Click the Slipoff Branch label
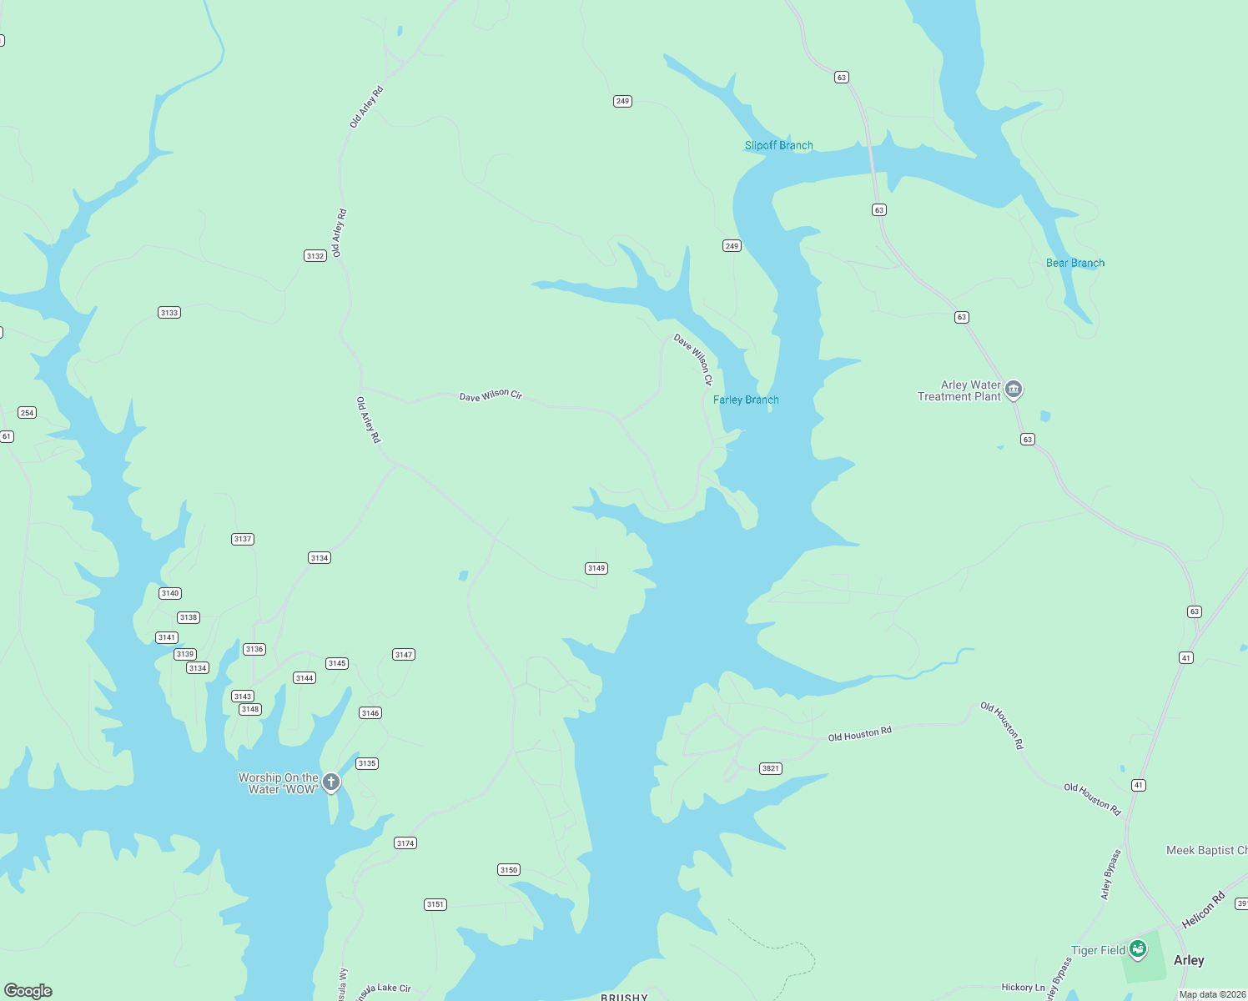tap(778, 145)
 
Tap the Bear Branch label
tap(1074, 263)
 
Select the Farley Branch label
tap(746, 400)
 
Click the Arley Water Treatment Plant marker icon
tap(1014, 390)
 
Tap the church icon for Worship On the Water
tap(331, 782)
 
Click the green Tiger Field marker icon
tap(1138, 949)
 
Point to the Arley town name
tap(1189, 960)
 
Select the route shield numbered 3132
tap(315, 256)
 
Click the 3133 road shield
tap(169, 313)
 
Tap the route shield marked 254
tap(27, 413)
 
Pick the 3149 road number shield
tap(596, 568)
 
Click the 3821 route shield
tap(771, 768)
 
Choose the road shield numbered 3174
tap(405, 843)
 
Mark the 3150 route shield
tap(509, 870)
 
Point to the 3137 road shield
tap(243, 539)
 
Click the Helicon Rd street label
tap(1203, 910)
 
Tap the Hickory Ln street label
tap(1023, 988)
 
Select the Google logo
tap(28, 990)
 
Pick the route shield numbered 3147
tap(404, 655)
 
